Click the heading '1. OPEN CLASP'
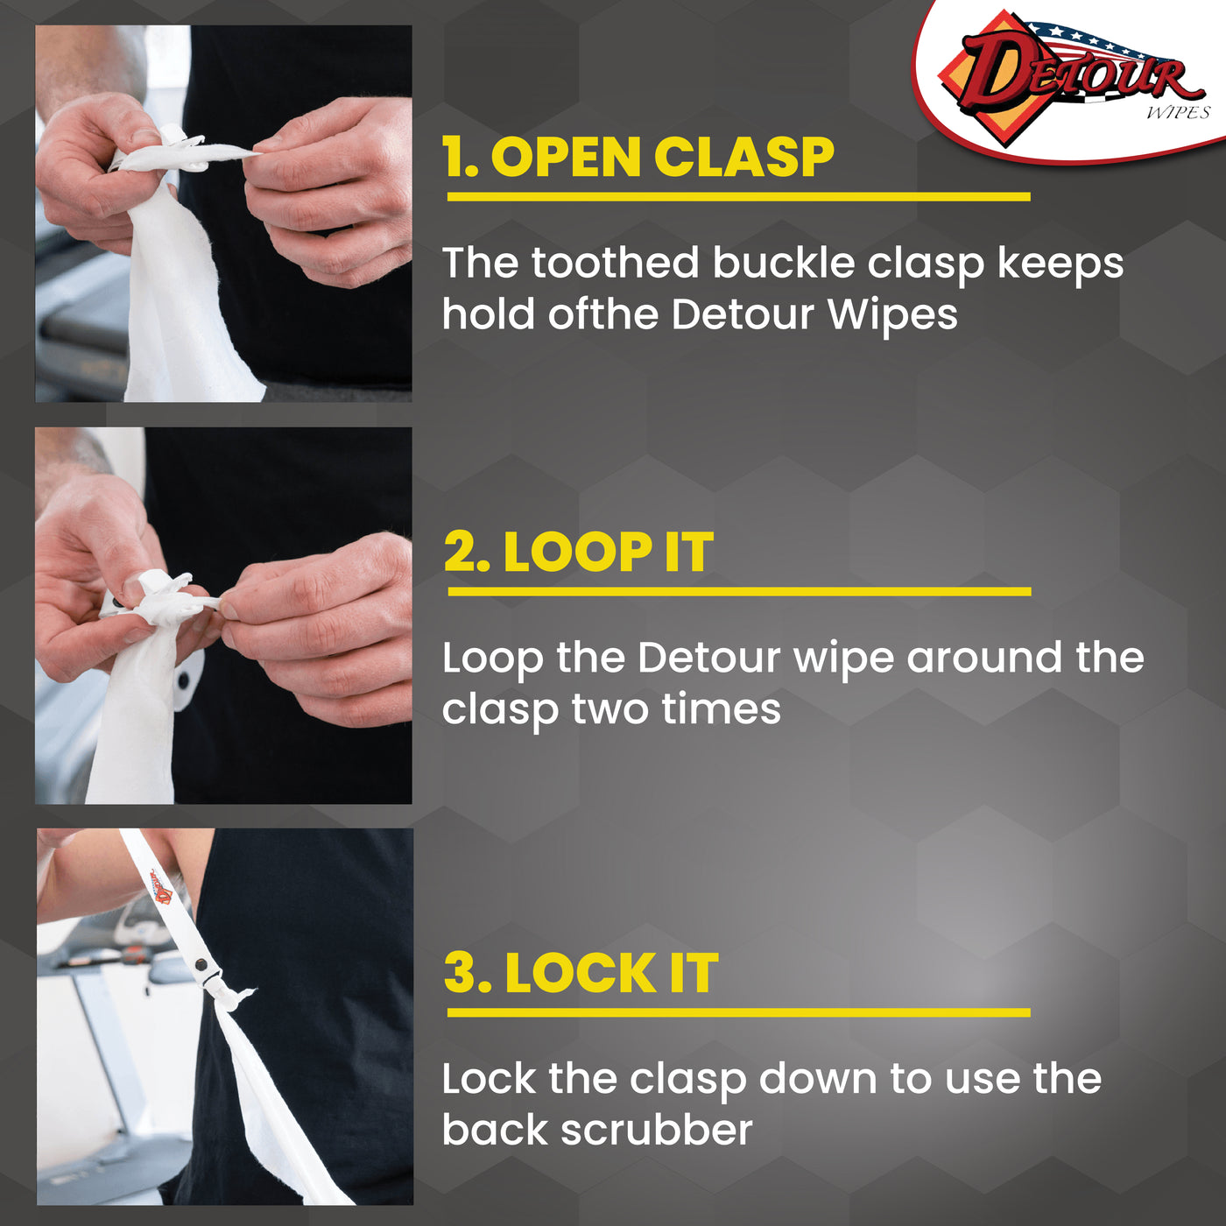click(638, 159)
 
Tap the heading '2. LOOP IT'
click(578, 553)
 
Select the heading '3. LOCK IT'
click(581, 974)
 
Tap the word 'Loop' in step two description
click(491, 659)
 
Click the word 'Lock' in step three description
click(489, 1079)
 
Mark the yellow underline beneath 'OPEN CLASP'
click(738, 197)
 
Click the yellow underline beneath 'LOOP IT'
click(738, 592)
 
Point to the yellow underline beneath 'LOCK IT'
click(738, 1013)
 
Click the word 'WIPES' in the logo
click(1177, 112)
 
